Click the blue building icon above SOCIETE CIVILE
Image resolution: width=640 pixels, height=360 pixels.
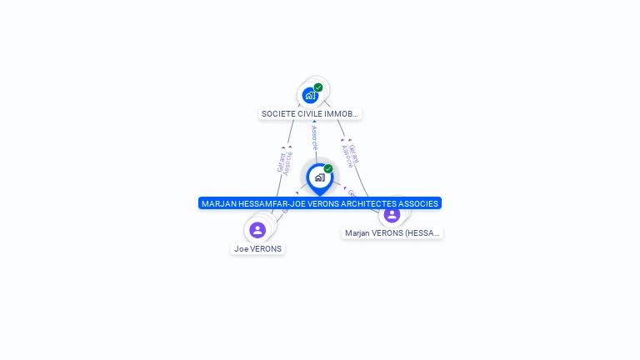(x=310, y=95)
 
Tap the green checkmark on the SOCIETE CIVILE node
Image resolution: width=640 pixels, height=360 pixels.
(x=318, y=87)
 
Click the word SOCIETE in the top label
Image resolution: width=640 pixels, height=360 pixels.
(x=278, y=113)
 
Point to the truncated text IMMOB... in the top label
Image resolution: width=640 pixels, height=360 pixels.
(x=343, y=113)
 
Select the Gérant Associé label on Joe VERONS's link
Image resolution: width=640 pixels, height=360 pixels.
(x=284, y=162)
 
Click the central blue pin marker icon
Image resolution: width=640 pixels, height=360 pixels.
(x=319, y=177)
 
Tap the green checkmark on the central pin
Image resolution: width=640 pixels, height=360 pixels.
(x=328, y=168)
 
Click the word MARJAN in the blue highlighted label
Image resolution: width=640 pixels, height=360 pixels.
(x=219, y=203)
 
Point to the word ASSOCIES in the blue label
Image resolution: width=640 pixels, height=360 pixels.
(x=419, y=203)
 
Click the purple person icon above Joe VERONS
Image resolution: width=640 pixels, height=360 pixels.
(x=257, y=230)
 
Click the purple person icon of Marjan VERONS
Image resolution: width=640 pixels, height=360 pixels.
(x=392, y=214)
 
